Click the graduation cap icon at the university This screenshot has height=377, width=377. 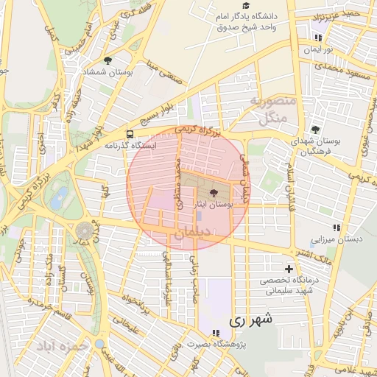245,4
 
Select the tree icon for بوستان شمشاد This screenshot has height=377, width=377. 108,60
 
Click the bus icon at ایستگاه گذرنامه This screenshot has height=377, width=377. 130,135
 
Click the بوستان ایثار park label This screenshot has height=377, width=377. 213,206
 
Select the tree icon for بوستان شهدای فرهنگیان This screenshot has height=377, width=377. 316,130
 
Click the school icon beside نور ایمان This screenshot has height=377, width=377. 318,38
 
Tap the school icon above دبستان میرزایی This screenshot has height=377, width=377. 337,228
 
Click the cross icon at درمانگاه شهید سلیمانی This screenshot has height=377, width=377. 289,269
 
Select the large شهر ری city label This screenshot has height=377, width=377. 250,320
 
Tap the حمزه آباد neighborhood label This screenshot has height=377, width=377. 66,345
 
